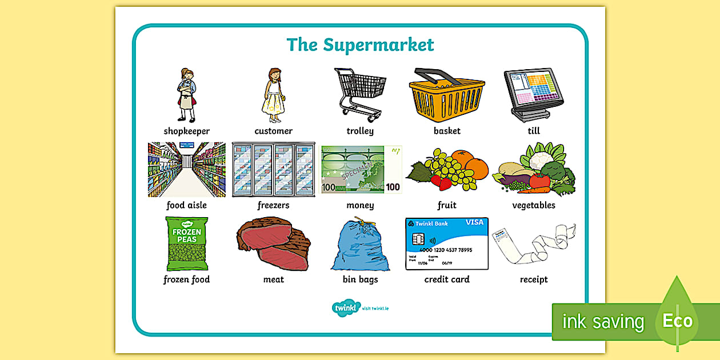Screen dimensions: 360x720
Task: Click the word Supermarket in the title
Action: pos(378,45)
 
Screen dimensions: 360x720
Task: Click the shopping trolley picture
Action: pos(361,94)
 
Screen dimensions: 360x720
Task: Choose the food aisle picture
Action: pos(187,170)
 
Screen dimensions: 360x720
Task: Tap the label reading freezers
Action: pos(273,205)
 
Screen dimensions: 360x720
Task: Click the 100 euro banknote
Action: pos(361,169)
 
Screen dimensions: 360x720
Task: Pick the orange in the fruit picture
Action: pos(477,168)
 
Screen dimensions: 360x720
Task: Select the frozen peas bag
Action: pos(187,243)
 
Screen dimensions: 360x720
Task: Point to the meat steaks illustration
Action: pos(273,243)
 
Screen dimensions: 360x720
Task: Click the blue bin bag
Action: pos(361,246)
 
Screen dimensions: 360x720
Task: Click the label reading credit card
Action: pos(447,279)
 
